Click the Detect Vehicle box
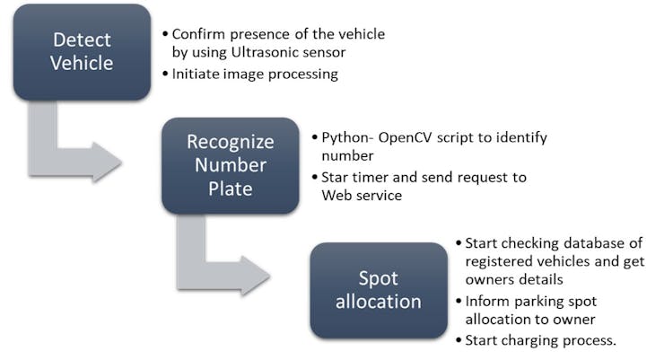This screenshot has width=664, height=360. click(82, 51)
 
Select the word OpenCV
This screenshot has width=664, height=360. click(405, 138)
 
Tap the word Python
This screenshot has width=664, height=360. click(345, 138)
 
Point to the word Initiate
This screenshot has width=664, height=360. click(197, 75)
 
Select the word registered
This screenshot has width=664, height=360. click(502, 261)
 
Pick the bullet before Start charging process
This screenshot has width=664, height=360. click(459, 340)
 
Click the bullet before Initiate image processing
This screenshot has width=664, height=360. click(165, 75)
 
